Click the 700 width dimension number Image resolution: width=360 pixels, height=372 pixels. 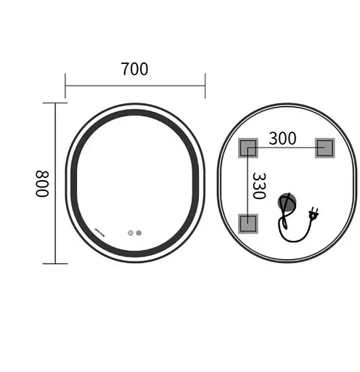pos(134,69)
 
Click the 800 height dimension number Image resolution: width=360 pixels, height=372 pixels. pos(41,184)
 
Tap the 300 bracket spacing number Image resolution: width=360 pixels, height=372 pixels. pos(282,138)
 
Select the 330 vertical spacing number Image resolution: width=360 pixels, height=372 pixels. pos(259,185)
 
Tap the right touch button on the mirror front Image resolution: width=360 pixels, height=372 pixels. pos(138,234)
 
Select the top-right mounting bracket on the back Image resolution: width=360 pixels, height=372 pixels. pos(324,148)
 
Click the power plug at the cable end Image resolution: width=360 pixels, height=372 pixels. pos(314,214)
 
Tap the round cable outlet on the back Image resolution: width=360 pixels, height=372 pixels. pos(289,203)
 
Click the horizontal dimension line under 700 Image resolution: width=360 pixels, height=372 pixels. pos(135,85)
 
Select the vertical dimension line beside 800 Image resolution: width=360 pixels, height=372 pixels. pos(56,183)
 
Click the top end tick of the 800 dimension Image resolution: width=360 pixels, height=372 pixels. pos(56,103)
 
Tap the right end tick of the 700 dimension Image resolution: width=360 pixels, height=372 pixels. pos(205,85)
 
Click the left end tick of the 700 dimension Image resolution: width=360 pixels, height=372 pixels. pos(65,85)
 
